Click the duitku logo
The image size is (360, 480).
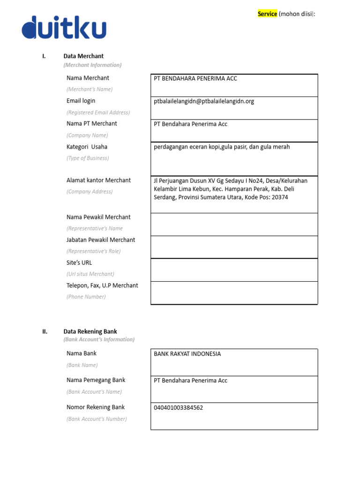coord(64,28)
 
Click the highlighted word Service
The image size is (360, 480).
coord(267,14)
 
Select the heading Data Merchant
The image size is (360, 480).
coord(83,56)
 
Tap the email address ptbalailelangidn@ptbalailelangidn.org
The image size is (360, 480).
coord(204,101)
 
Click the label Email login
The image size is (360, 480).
coord(81,101)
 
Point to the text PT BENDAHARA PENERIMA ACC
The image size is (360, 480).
coord(195,79)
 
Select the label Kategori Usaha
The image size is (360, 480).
coord(87,147)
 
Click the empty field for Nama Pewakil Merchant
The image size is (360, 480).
coord(234,225)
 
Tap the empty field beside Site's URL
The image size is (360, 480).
coord(234,270)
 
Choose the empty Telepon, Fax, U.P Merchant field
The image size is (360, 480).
coord(234,293)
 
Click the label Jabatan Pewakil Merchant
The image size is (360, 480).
coord(101,240)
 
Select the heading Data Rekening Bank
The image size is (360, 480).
coord(90,331)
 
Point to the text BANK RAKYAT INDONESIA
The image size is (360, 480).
coord(187,354)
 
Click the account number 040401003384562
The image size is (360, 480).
coord(179,408)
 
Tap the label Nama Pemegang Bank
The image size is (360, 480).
coord(96,380)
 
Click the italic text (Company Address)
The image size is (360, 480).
coord(90,192)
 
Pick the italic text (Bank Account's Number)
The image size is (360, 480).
coord(97,419)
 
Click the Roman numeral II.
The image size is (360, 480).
coord(45,331)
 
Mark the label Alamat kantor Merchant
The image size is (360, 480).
coord(98,180)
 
